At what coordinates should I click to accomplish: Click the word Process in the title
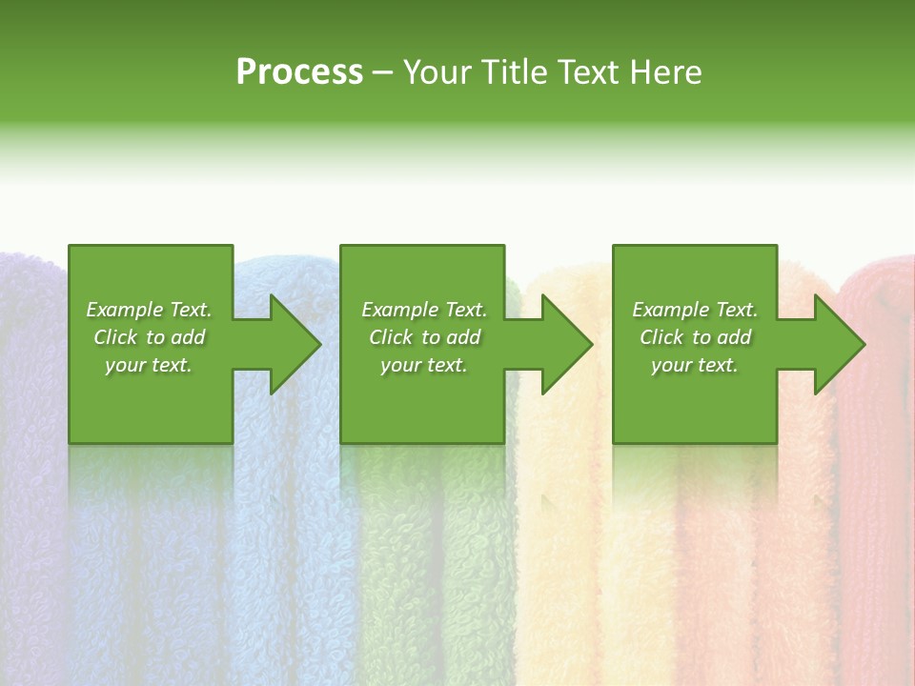[x=299, y=72]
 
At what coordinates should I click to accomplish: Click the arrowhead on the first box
[x=295, y=344]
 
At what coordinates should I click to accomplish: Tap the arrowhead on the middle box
[x=566, y=344]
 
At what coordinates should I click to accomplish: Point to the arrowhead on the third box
[x=839, y=344]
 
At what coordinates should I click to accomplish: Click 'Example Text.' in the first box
[x=149, y=310]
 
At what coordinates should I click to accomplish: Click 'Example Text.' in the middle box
[x=424, y=310]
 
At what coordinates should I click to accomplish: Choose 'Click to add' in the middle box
[x=424, y=337]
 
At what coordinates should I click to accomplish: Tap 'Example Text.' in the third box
[x=695, y=310]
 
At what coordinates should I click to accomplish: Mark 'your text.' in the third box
[x=694, y=365]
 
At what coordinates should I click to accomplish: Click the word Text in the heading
[x=584, y=72]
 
